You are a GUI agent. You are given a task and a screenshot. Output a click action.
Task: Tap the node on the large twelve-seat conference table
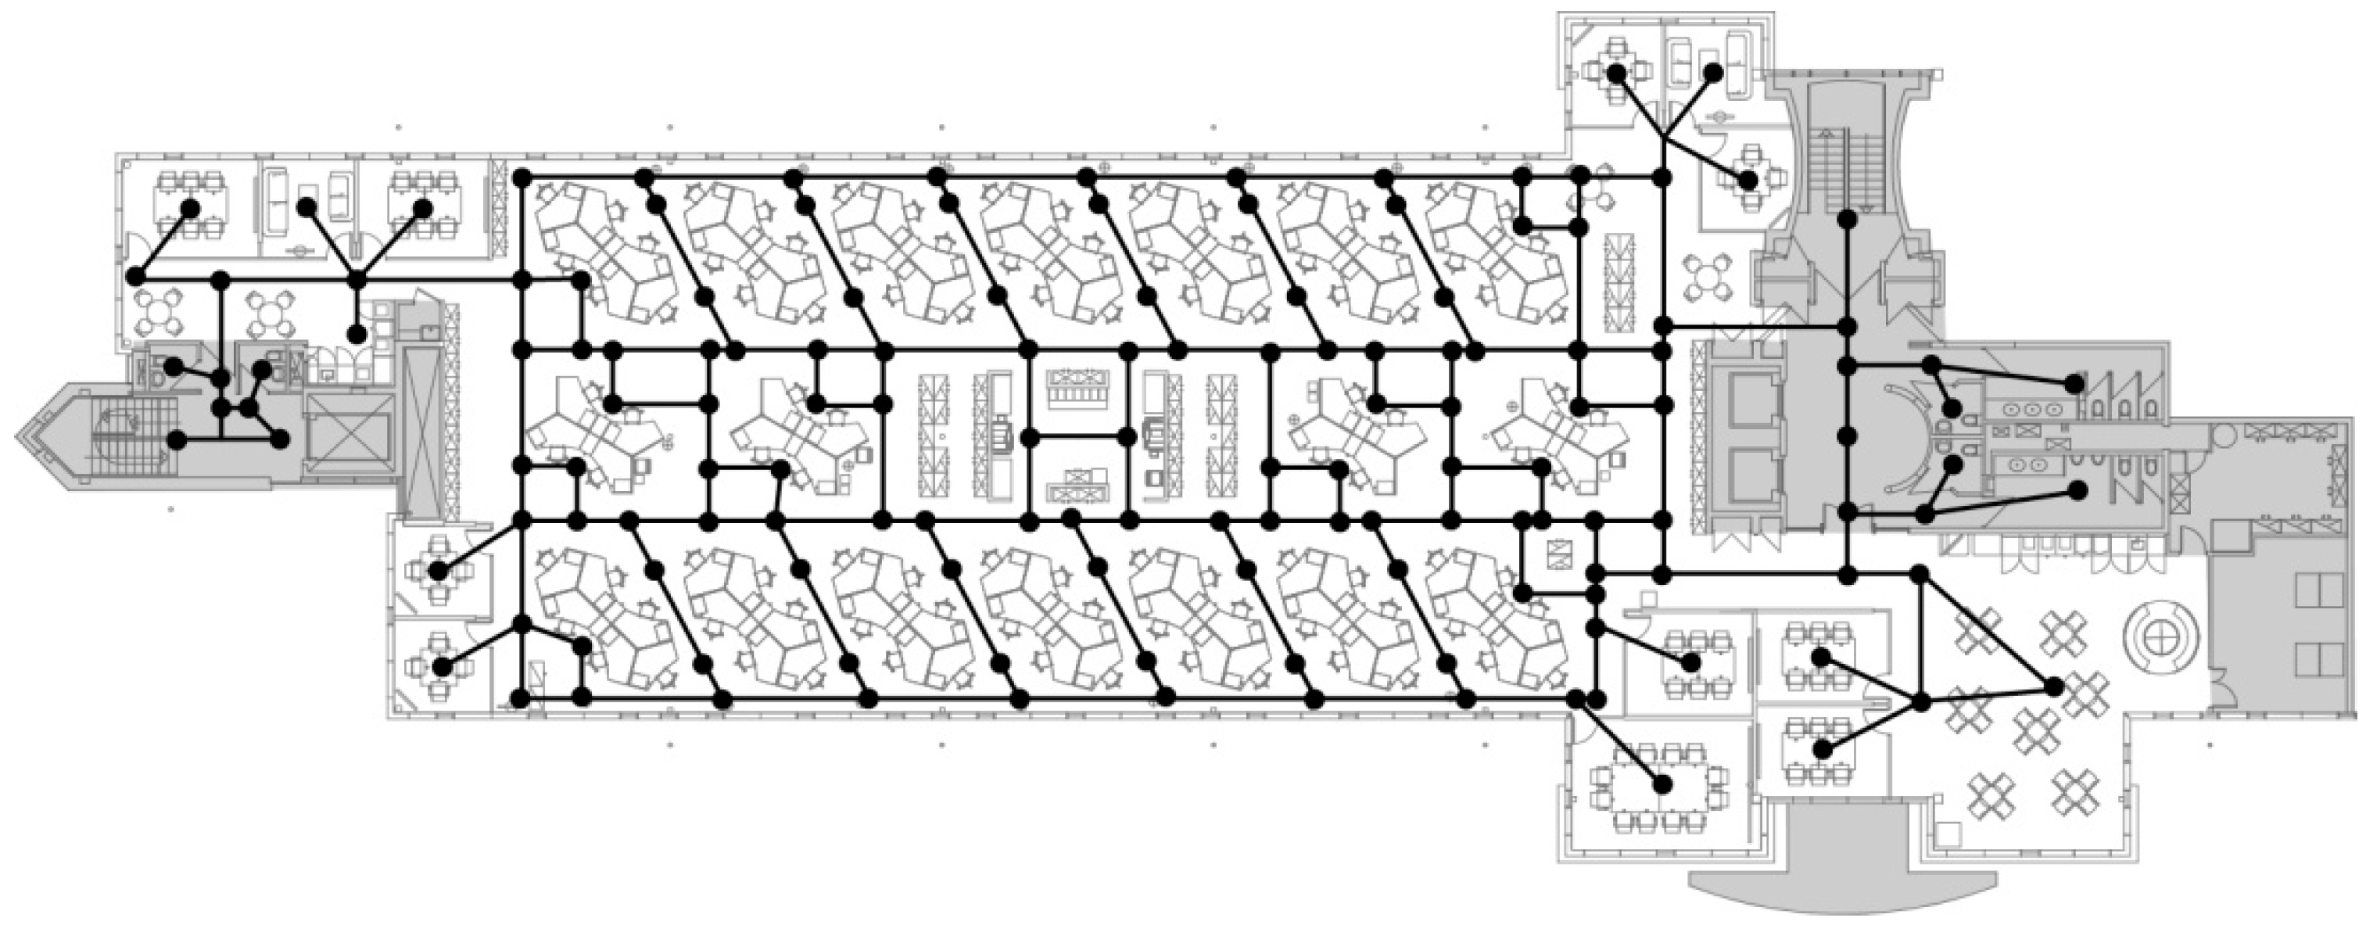1662,783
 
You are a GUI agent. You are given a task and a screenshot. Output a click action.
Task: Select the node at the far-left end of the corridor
137,275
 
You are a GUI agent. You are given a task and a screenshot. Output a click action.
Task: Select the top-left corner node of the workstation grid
521,177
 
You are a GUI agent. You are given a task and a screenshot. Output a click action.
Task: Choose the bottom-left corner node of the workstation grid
520,700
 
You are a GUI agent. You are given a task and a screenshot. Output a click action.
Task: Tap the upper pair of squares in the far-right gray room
2318,589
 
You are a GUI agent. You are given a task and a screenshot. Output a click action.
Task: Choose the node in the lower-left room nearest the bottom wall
443,667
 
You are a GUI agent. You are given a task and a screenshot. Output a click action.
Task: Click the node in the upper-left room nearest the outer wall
190,209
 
